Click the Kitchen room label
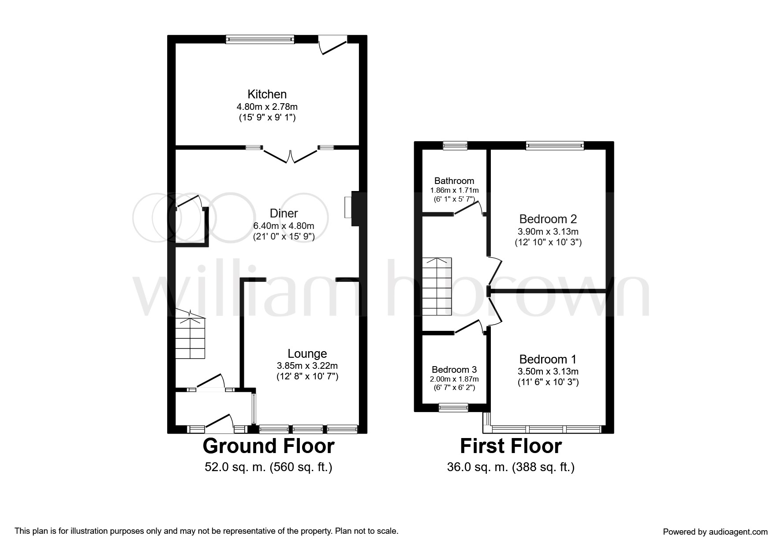[x=267, y=94]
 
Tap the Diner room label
[x=284, y=214]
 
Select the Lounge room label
[x=307, y=353]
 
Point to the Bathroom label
[x=454, y=181]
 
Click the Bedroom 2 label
[x=548, y=219]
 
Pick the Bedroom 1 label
[x=548, y=359]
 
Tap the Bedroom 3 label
[x=454, y=370]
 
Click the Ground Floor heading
[x=269, y=446]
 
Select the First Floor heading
[x=511, y=446]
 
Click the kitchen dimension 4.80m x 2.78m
[x=267, y=106]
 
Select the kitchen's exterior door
[x=333, y=45]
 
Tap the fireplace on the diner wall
[x=352, y=208]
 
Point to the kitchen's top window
[x=260, y=39]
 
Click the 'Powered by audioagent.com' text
[x=715, y=532]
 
